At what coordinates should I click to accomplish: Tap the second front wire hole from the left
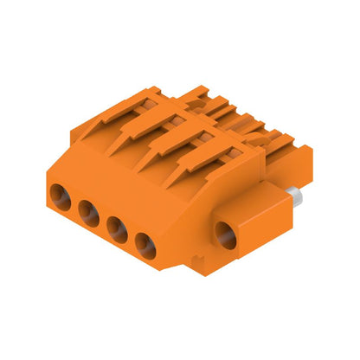(87, 209)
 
